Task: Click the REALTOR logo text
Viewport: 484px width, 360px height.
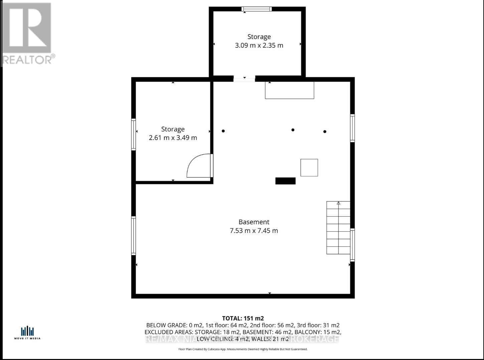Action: (28, 59)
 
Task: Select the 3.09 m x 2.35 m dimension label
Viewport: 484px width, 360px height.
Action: (259, 45)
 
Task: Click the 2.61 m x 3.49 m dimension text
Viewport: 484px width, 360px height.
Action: (173, 138)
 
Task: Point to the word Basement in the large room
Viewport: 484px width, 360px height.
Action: (254, 222)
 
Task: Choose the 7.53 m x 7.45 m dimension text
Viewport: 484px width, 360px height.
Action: (254, 231)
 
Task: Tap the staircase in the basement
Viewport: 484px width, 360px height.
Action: (338, 228)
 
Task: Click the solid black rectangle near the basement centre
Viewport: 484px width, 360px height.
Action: (285, 181)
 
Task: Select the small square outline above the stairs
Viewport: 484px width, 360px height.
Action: (309, 167)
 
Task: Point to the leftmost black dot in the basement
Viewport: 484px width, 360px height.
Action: (223, 131)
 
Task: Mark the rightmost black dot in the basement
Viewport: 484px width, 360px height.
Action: (325, 132)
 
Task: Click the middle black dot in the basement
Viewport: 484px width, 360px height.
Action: (293, 130)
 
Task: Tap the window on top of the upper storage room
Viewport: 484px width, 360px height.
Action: (257, 9)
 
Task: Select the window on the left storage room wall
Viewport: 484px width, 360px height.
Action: (134, 134)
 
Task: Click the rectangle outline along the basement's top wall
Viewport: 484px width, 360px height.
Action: (289, 90)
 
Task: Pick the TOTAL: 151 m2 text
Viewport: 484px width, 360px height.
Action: (243, 318)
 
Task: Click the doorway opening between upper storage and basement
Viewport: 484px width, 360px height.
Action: (244, 79)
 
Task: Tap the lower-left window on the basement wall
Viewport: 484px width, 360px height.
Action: (134, 236)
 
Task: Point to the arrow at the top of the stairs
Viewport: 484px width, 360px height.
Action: (338, 203)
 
